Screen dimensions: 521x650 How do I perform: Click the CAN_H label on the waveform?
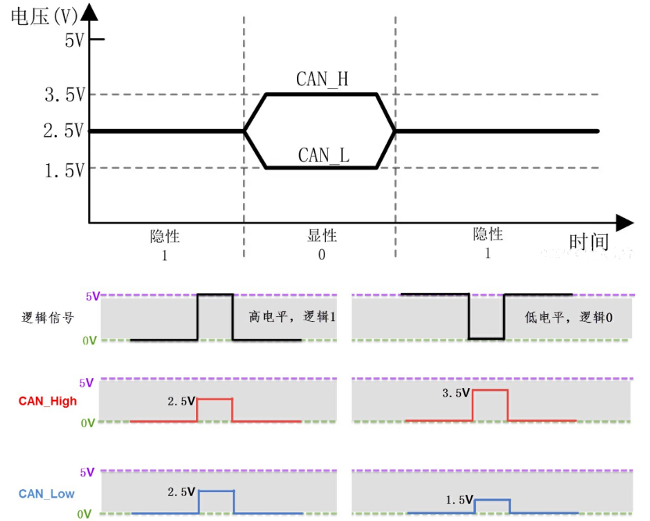coord(322,79)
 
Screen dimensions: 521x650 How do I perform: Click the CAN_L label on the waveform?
coord(323,155)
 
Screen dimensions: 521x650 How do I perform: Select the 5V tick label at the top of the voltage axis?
coord(73,40)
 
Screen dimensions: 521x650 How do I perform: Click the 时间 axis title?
coord(588,241)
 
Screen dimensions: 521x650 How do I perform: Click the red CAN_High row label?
coord(48,401)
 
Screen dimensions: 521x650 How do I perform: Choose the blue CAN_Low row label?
coord(48,493)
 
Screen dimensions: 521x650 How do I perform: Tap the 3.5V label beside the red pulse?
coord(455,393)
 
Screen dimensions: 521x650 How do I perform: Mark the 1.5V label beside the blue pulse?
coord(459,499)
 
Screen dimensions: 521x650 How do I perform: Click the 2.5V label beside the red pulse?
coord(180,401)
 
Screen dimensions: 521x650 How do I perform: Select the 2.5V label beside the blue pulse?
coord(180,493)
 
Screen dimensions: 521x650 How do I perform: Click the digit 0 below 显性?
coord(321,255)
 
